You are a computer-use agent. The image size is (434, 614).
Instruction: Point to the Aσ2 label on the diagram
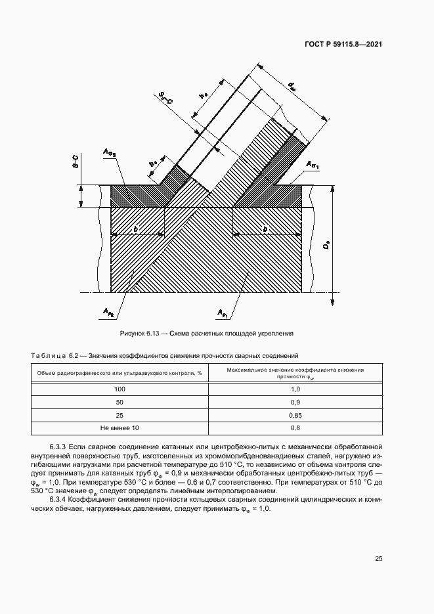[109, 154]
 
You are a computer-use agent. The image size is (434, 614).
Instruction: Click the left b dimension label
[135, 229]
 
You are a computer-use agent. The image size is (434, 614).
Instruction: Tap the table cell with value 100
[119, 390]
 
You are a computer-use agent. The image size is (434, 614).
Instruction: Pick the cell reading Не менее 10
[119, 428]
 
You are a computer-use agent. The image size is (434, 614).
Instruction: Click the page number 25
[378, 559]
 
